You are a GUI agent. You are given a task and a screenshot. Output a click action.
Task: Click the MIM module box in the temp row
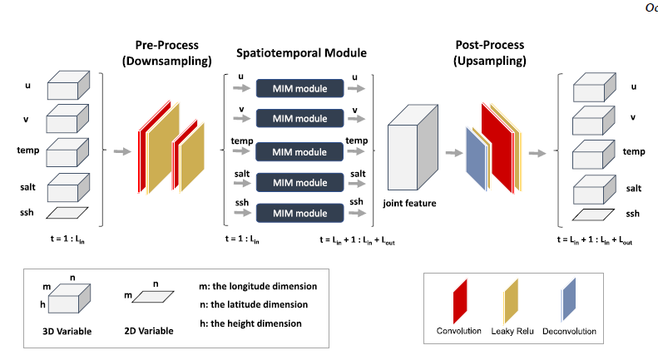[x=299, y=152]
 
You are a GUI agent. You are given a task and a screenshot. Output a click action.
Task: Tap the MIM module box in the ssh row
[x=299, y=212]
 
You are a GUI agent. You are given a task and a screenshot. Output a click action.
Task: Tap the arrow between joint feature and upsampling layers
[x=453, y=153]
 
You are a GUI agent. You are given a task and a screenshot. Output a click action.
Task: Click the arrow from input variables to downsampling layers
[x=122, y=152]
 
